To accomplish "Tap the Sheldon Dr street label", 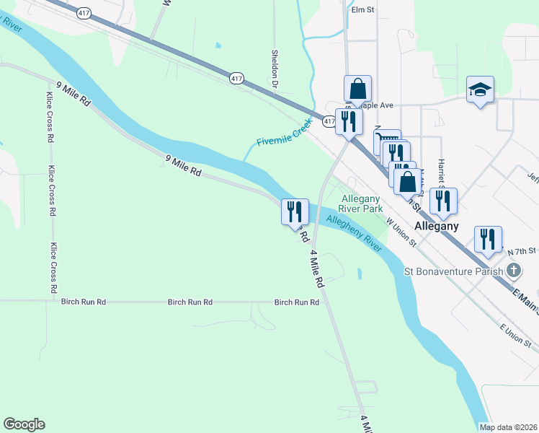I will coord(275,68).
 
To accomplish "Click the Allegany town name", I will coord(437,226).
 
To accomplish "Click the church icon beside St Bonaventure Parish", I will coord(513,272).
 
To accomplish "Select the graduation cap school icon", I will coord(480,90).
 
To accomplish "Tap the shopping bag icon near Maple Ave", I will coord(357,89).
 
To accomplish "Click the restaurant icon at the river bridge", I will coord(295,211).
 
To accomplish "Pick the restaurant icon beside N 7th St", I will coord(488,239).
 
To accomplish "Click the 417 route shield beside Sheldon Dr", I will coord(236,77).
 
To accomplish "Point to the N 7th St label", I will coord(522,250).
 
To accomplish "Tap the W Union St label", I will coord(401,232).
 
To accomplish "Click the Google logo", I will coord(24,424).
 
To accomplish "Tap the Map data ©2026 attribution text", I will coord(508,427).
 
